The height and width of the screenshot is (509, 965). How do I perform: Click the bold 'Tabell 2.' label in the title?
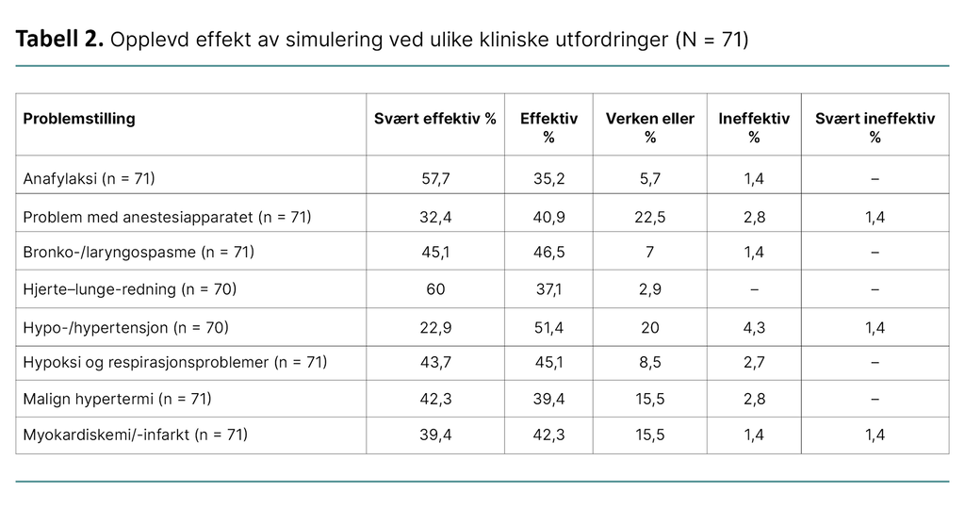tap(59, 40)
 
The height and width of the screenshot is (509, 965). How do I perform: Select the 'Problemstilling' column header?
tap(79, 119)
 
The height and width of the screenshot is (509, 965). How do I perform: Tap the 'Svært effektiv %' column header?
tap(434, 119)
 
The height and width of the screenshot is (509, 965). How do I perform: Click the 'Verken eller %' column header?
tap(649, 127)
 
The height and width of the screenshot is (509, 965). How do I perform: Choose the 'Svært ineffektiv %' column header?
tap(875, 127)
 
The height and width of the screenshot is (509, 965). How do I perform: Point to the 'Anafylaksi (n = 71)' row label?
tap(89, 178)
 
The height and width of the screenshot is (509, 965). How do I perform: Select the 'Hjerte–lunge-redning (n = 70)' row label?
tap(129, 289)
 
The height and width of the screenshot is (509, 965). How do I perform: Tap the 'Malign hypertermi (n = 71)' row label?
tap(117, 399)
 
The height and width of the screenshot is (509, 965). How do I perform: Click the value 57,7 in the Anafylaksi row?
tap(434, 178)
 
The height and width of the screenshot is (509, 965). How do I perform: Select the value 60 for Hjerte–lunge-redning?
tap(434, 289)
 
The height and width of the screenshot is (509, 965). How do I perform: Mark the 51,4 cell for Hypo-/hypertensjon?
tap(548, 327)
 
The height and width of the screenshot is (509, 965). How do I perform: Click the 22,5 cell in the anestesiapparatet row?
tap(649, 217)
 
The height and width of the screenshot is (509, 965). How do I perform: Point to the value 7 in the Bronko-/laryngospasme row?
tap(649, 253)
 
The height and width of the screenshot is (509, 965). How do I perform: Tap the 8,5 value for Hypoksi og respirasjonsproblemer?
tap(649, 362)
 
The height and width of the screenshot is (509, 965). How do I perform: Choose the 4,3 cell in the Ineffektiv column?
tap(754, 327)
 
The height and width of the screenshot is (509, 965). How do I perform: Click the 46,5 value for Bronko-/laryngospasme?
tap(548, 253)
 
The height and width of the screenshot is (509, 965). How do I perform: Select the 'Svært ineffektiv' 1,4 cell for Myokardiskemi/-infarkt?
tap(875, 435)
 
